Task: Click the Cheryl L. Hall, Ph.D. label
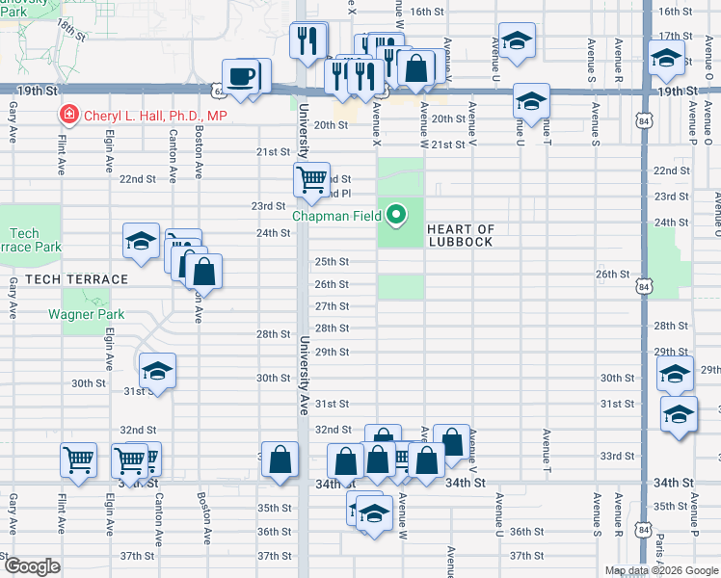point(154,116)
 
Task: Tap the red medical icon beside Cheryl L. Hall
point(69,116)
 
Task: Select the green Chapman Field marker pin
point(396,214)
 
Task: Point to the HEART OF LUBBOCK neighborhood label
point(461,235)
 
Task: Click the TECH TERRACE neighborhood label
point(77,279)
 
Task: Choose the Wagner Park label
point(83,314)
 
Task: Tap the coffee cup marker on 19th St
point(240,77)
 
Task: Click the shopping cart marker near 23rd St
point(311,180)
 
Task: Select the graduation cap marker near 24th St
point(141,241)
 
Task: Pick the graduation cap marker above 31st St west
point(158,371)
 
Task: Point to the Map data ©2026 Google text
point(660,570)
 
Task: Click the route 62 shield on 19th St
point(221,91)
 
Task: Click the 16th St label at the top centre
point(425,12)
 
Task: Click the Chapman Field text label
point(336,216)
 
